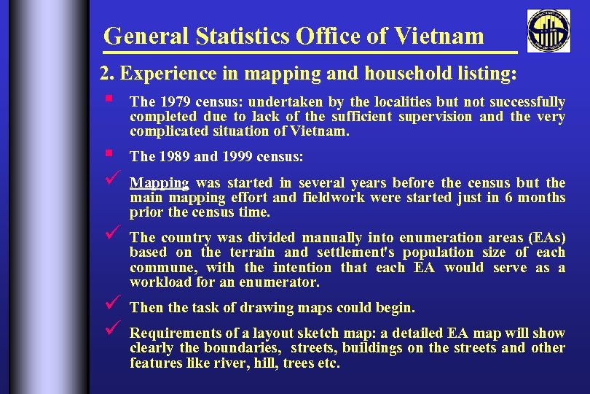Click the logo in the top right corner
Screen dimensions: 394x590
(548, 31)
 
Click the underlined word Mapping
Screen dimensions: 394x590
(160, 182)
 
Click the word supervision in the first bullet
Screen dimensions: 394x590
(436, 116)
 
